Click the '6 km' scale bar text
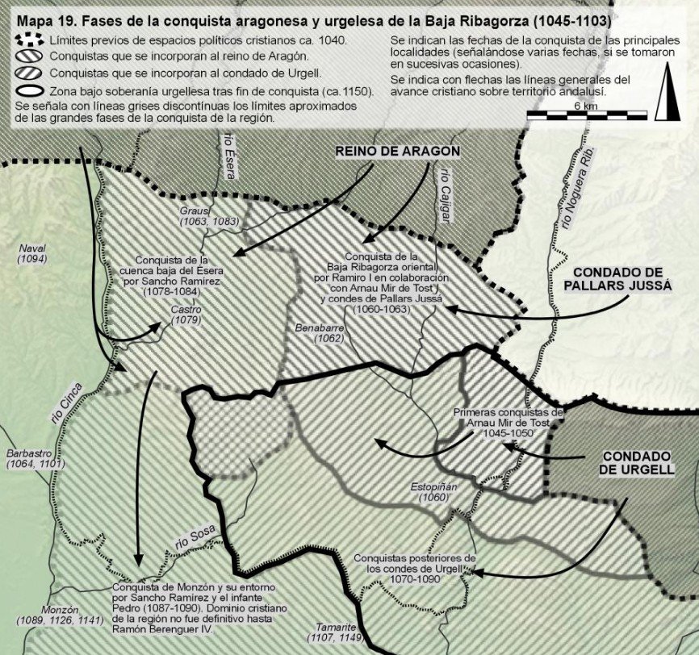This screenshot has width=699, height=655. tap(587, 106)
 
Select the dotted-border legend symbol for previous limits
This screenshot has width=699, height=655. tap(30, 40)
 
